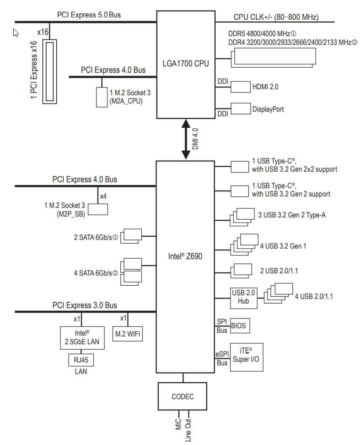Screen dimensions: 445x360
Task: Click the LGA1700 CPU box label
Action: (186, 63)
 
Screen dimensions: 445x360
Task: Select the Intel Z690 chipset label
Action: (185, 256)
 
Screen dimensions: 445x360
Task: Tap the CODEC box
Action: (183, 396)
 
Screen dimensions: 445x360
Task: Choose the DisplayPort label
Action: (268, 109)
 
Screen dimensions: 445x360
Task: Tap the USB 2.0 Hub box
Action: (243, 298)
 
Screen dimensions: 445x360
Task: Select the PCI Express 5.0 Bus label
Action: (89, 15)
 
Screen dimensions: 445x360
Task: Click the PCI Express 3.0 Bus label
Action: (85, 305)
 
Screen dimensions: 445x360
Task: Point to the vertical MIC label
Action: (178, 423)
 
